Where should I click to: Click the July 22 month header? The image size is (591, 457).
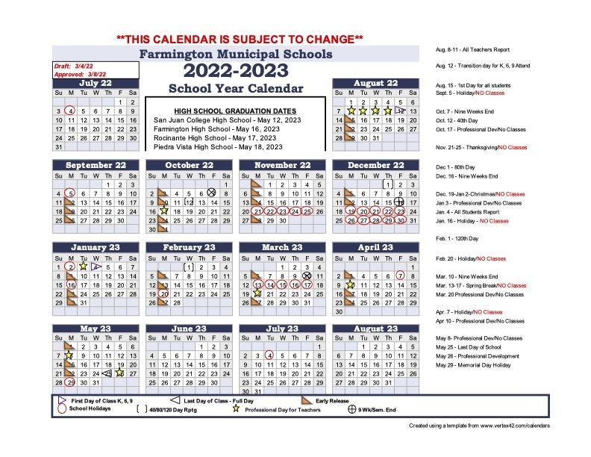coord(96,83)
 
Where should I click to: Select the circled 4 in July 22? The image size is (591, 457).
coord(70,111)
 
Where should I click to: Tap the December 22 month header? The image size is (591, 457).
coord(376,165)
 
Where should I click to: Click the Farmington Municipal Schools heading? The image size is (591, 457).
coord(236,55)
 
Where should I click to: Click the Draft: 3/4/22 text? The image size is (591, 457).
coord(72,66)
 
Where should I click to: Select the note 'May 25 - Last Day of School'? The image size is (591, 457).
coord(469,348)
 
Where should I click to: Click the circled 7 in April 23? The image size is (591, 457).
coord(401,276)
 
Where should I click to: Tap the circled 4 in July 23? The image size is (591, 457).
coord(269,355)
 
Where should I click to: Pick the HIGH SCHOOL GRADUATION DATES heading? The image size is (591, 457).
coord(225,111)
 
